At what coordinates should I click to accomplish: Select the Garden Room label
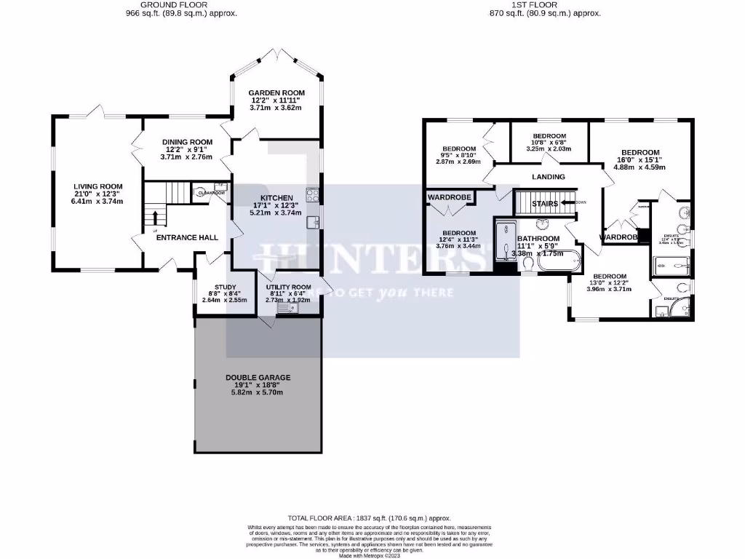[276, 93]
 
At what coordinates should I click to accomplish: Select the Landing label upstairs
[549, 177]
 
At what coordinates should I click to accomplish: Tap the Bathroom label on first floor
[538, 239]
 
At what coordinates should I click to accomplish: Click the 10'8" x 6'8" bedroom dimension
[549, 142]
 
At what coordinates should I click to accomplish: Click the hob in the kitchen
[312, 194]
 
